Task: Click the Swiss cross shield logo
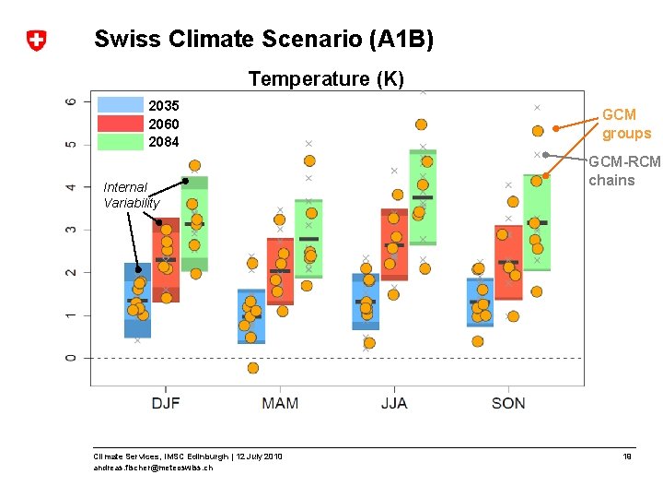[36, 41]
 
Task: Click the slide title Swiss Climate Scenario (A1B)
[263, 40]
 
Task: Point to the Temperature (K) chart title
[326, 79]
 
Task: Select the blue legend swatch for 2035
[121, 105]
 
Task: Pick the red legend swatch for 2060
[121, 124]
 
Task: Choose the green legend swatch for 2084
[121, 142]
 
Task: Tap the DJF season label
[166, 402]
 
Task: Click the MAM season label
[280, 402]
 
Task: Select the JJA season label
[393, 402]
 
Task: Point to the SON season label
[508, 402]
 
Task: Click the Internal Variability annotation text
[131, 195]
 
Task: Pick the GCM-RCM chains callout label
[624, 171]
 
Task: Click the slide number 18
[627, 456]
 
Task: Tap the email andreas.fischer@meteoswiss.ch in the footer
[153, 468]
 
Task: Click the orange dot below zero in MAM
[253, 368]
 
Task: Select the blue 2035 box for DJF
[138, 300]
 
